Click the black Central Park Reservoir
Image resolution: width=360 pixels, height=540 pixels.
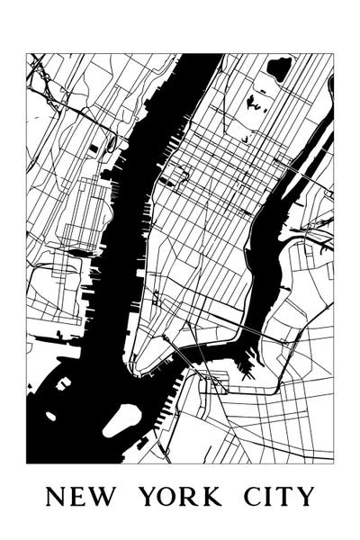(279, 68)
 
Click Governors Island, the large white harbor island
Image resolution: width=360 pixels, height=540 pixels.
(121, 419)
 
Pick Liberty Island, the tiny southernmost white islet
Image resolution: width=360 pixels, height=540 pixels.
(51, 416)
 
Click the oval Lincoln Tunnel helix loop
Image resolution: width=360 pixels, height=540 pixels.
(110, 142)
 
